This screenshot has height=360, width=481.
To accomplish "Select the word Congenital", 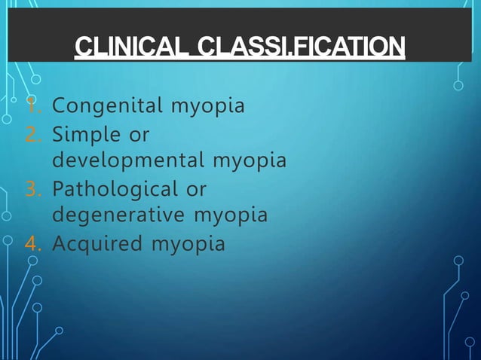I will coord(108,106).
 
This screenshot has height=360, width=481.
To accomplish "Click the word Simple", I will coord(86,134).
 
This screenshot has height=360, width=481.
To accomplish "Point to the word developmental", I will coord(129,161).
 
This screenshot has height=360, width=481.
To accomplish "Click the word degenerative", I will coord(120,215).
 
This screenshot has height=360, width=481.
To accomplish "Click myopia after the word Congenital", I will coord(207,106).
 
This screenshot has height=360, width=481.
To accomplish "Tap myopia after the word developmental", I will coord(249,161).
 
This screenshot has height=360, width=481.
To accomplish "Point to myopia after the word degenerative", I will coord(230,215).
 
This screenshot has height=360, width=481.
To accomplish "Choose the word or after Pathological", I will coord(196,188).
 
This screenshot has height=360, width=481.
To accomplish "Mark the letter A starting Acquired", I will coord(59,243).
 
